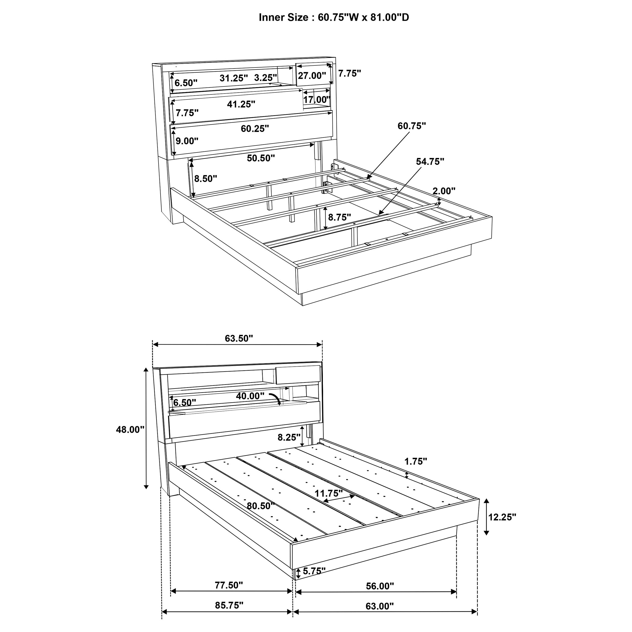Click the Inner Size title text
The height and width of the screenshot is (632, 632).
334,17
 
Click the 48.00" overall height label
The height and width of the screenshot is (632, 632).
130,430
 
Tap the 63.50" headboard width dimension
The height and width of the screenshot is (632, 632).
239,338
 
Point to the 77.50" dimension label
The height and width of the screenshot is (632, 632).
229,585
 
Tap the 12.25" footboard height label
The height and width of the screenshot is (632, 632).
502,517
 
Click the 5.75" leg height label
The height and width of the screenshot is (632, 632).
314,571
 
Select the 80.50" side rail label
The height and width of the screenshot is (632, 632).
260,506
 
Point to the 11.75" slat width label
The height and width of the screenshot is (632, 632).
328,493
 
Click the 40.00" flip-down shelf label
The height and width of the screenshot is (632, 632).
250,396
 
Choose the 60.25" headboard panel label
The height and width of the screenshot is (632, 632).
255,129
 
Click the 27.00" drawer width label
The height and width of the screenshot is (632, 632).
312,76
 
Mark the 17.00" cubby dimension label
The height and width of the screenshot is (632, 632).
317,99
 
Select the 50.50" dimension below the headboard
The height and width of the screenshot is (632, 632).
260,158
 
